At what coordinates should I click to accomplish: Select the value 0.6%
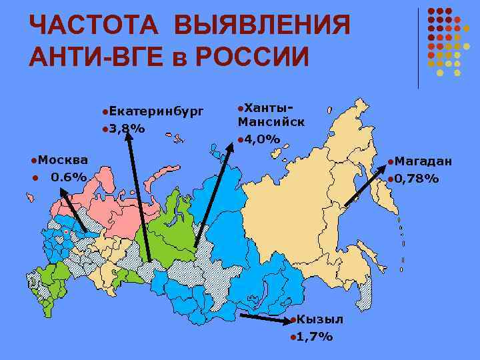click(x=69, y=177)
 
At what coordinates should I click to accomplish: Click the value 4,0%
click(x=262, y=139)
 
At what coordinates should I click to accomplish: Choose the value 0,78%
click(x=417, y=178)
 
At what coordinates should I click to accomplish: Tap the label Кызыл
click(x=321, y=319)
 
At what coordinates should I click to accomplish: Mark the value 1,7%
click(x=315, y=336)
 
